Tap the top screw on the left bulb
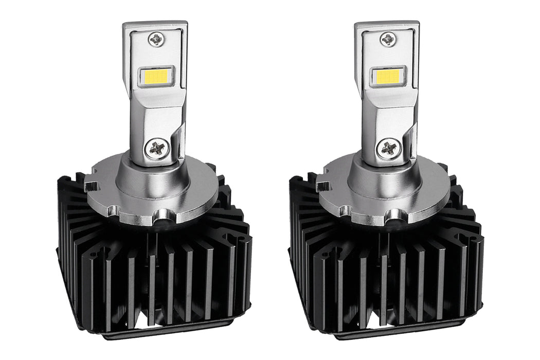(x=156, y=39)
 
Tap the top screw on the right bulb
(x=388, y=39)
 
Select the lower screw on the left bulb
(x=156, y=149)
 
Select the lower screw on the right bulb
(x=388, y=149)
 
